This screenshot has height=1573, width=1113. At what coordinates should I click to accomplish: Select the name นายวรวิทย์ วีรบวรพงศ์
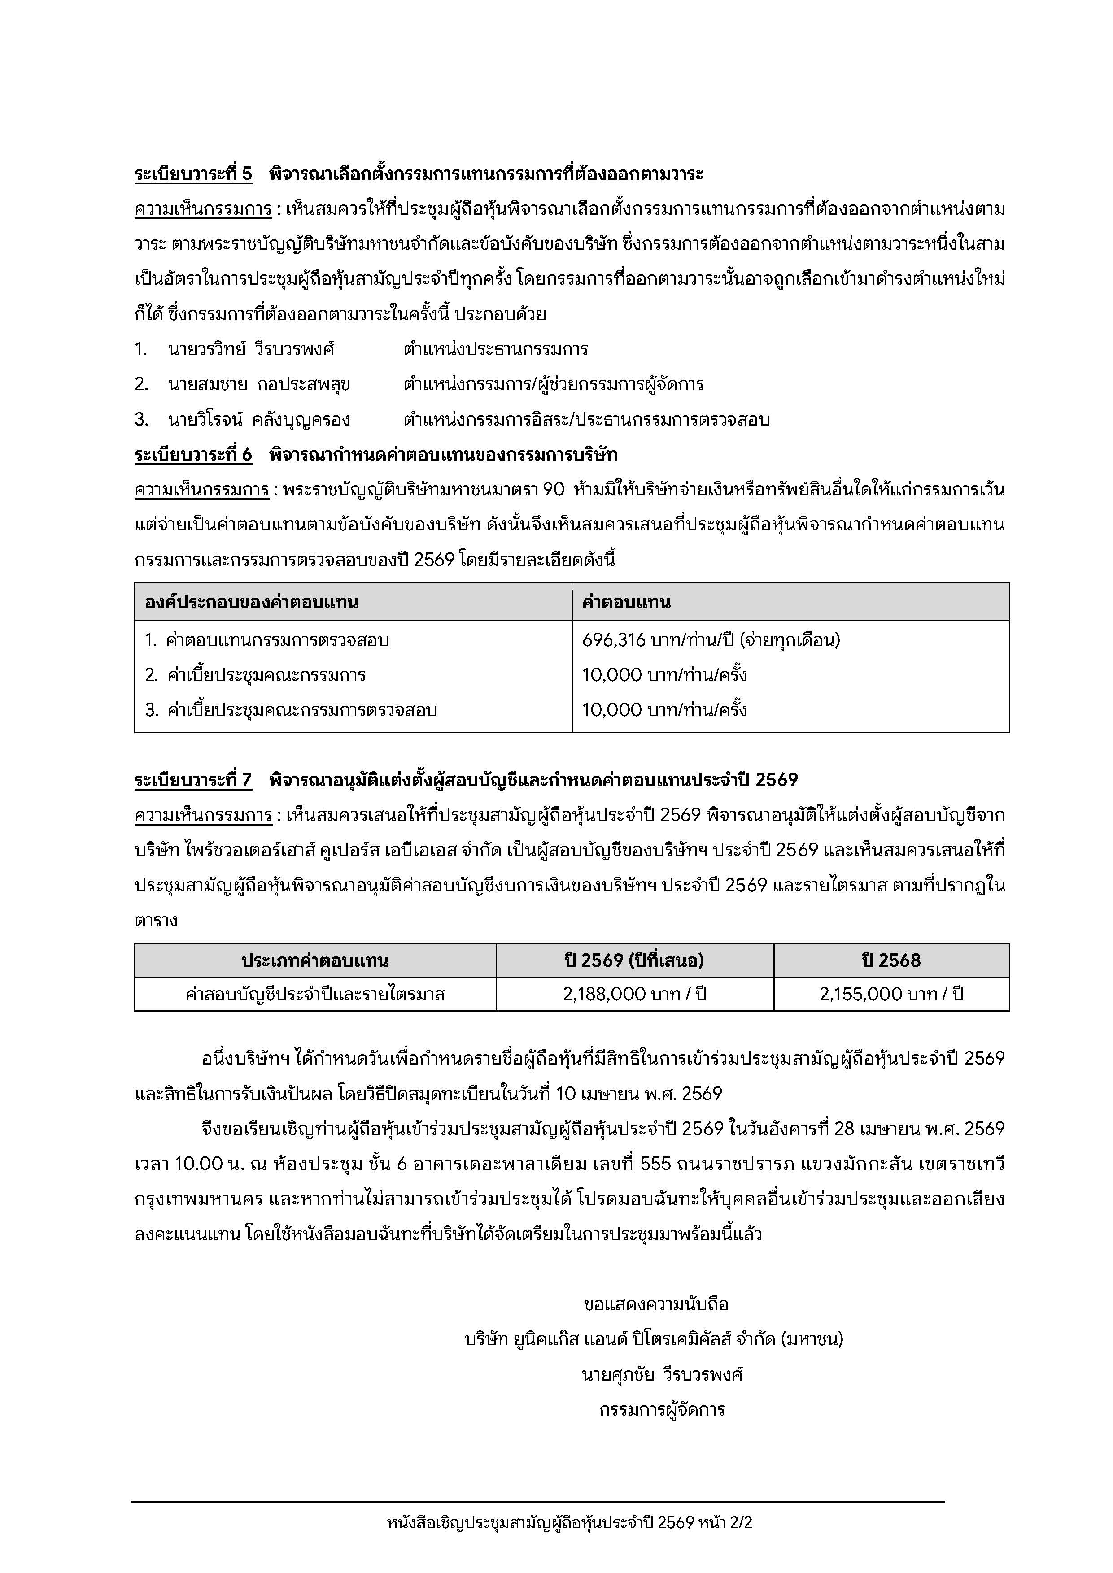[251, 349]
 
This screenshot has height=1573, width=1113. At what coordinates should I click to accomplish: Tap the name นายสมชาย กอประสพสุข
[258, 384]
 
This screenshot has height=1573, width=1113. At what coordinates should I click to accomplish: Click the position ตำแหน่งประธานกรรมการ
[496, 349]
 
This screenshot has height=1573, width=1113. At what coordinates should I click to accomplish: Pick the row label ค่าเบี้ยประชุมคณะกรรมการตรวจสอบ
[301, 710]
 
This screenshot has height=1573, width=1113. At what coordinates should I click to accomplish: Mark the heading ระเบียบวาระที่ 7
[193, 780]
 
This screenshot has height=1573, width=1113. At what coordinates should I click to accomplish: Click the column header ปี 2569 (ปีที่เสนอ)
[635, 960]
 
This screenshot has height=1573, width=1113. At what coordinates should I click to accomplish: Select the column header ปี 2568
[891, 960]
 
